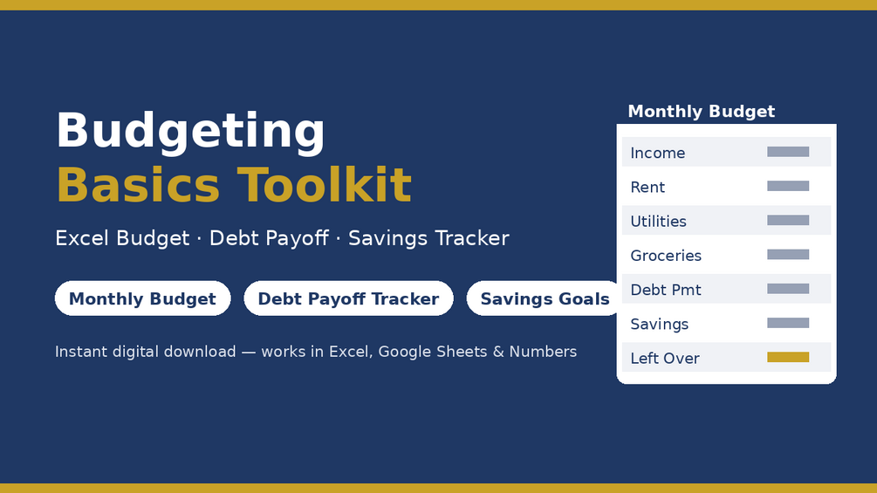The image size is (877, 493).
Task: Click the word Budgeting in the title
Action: pos(190,132)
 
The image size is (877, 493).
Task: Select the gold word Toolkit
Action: pos(325,185)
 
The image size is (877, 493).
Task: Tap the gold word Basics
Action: pos(138,185)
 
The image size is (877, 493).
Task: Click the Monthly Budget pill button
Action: pos(142,298)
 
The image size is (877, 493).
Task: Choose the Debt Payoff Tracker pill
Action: pos(348,298)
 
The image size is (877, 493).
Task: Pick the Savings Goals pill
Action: pos(545,298)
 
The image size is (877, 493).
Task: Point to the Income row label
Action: pos(658,153)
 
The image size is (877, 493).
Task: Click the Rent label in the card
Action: pos(647,187)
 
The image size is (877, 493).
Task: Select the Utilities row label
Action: pos(658,222)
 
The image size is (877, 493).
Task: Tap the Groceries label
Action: pos(666,256)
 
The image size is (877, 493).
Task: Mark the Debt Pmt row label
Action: pos(666,290)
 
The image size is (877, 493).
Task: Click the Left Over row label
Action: pos(665,359)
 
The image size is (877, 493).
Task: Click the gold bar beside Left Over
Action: pos(788,357)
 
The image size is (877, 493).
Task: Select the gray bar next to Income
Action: pos(788,152)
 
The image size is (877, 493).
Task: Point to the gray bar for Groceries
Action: pos(788,254)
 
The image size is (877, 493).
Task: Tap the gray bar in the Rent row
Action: pos(788,186)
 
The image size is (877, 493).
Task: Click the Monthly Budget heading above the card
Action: pos(702,112)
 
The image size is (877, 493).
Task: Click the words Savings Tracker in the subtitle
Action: pos(428,238)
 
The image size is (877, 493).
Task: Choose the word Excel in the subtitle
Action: pos(84,238)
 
